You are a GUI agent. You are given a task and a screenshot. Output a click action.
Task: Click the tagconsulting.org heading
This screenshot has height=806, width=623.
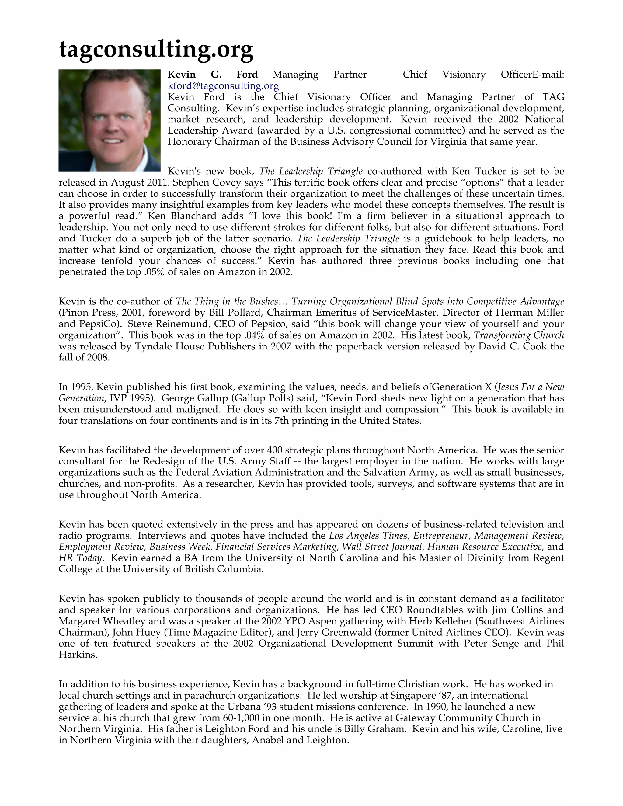click(x=156, y=49)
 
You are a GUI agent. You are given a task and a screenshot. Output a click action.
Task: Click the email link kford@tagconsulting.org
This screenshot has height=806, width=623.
click(x=223, y=86)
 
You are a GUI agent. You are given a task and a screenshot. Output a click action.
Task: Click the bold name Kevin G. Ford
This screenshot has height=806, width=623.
click(x=212, y=75)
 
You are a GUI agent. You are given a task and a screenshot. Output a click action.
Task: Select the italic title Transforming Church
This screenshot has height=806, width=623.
click(x=519, y=335)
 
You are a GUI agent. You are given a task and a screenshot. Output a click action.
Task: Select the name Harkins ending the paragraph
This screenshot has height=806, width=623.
click(x=78, y=655)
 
